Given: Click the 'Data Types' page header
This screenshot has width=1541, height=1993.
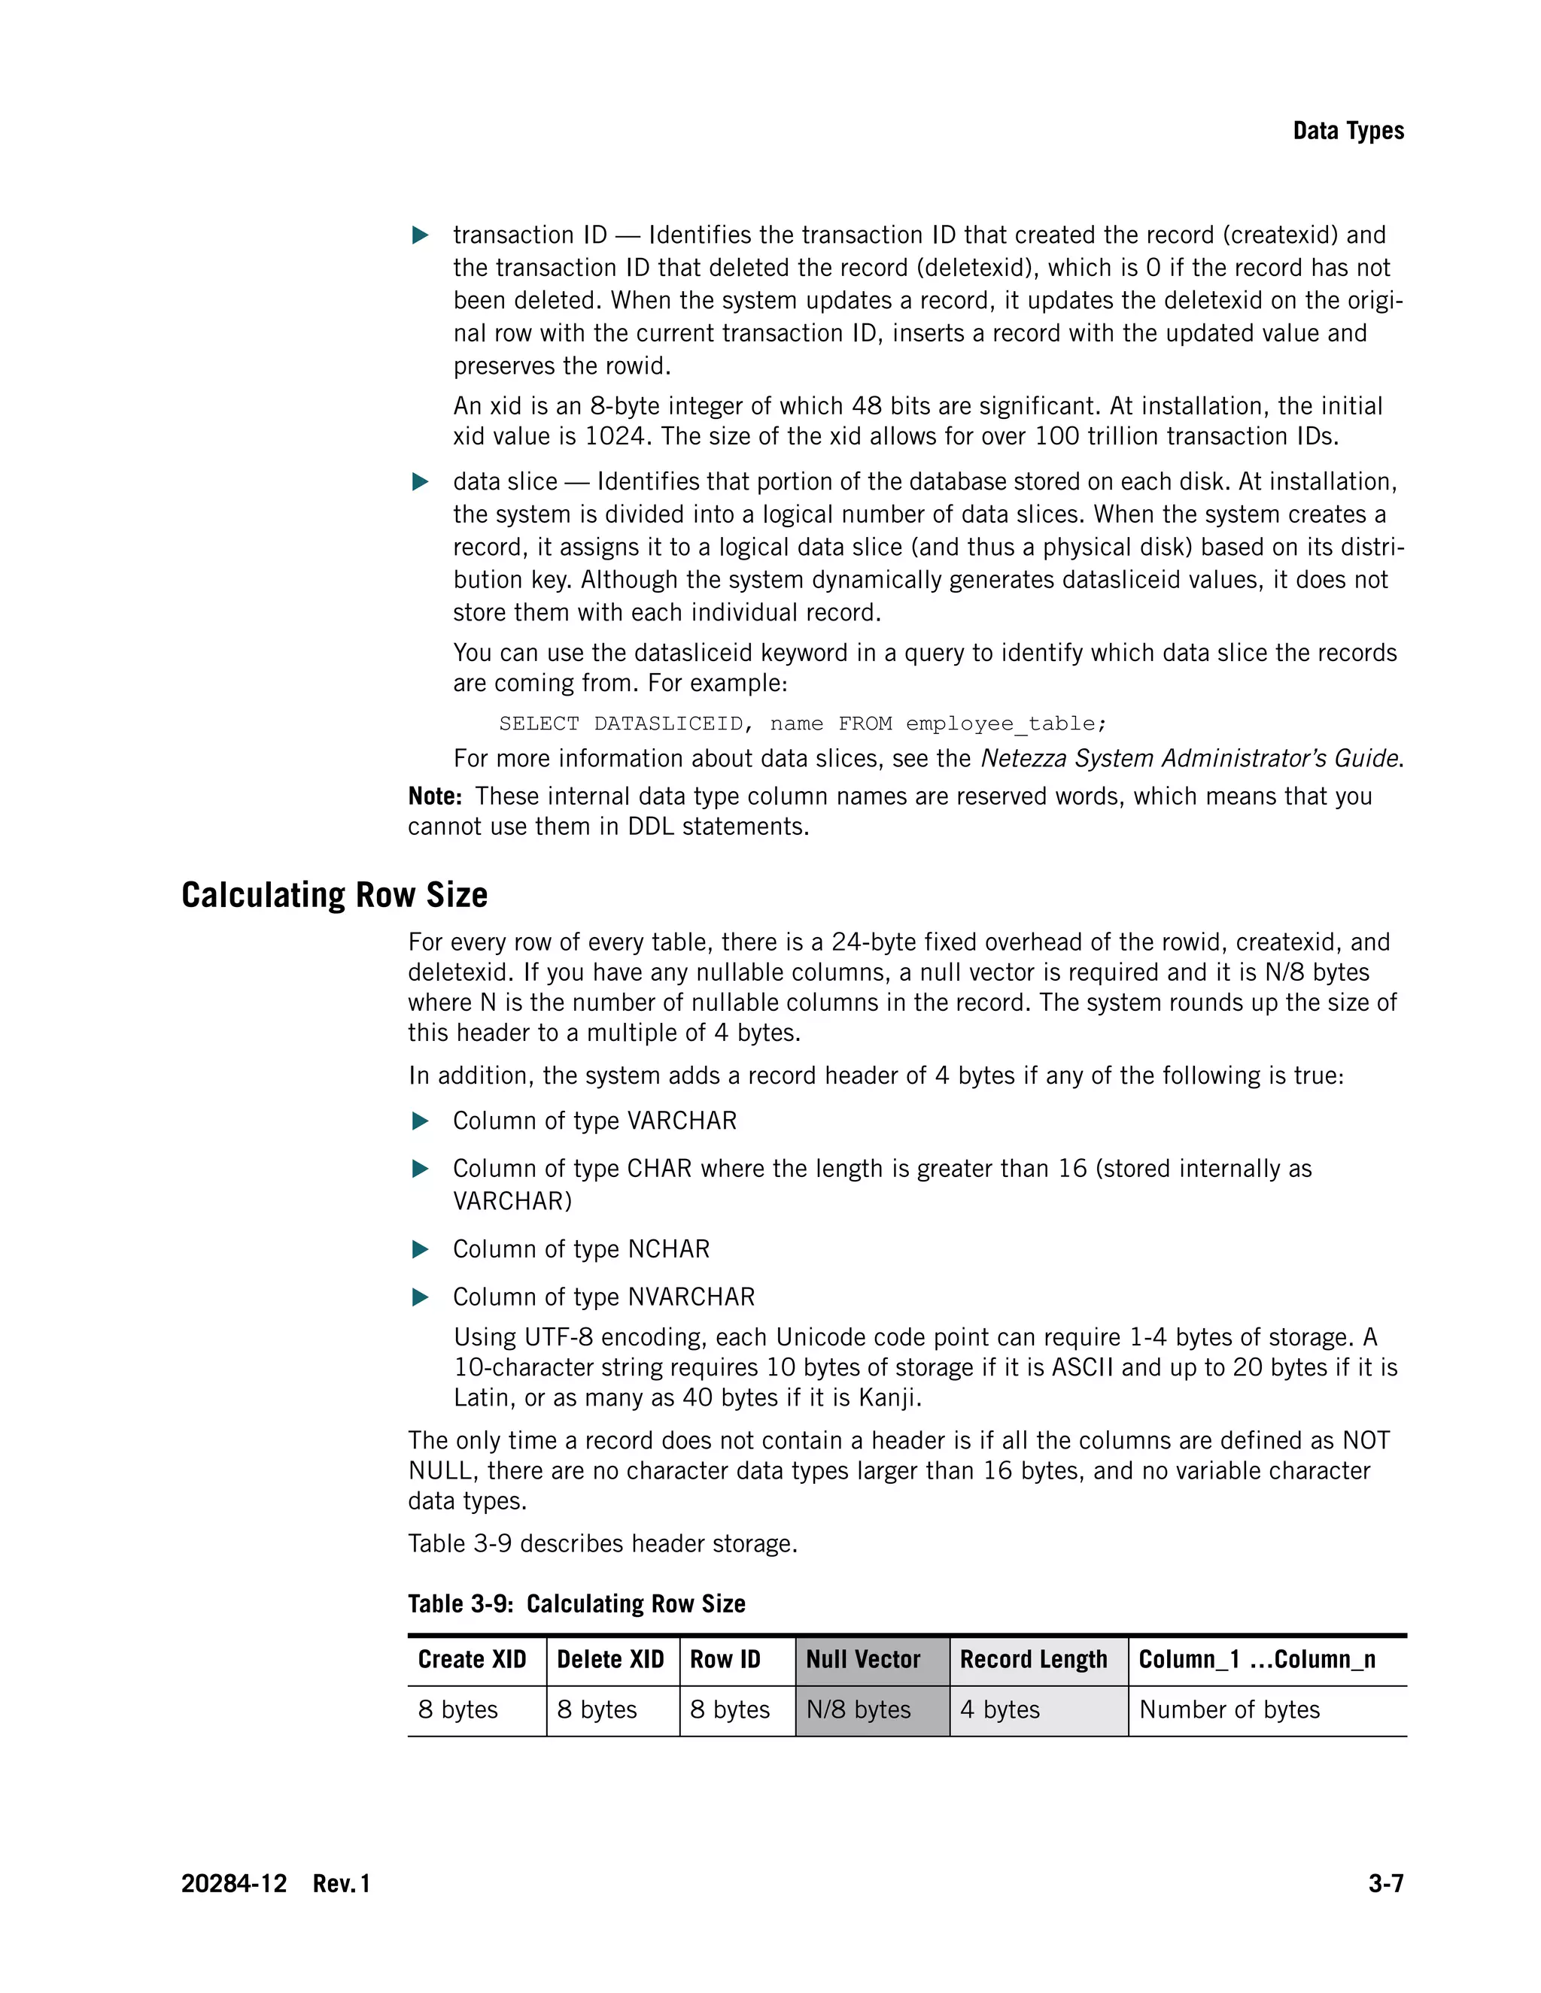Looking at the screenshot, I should click(x=1348, y=132).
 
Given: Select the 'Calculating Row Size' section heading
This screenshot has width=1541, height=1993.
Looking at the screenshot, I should click(x=334, y=895).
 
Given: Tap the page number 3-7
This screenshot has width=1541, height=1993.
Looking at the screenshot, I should click(x=1385, y=1883).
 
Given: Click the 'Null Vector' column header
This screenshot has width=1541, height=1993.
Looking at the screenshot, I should click(x=863, y=1659).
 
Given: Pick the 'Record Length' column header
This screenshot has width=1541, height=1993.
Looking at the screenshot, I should click(x=1032, y=1659).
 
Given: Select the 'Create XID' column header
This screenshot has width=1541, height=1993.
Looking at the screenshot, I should click(x=472, y=1659).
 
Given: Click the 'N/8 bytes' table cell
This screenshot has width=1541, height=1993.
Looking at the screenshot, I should click(x=858, y=1709).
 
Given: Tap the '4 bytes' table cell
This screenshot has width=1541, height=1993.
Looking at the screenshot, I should click(x=1000, y=1709).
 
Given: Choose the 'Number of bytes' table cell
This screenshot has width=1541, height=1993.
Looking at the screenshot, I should click(x=1229, y=1709).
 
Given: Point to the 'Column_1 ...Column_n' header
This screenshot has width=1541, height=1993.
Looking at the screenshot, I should click(x=1256, y=1659).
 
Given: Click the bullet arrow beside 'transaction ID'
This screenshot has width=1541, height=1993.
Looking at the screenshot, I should click(x=420, y=235).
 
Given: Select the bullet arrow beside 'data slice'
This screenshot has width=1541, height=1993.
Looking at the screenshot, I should click(x=420, y=482).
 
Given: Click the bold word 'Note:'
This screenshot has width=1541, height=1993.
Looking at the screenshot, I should click(x=435, y=796).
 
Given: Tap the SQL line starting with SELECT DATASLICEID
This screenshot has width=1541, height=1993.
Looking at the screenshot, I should click(x=802, y=723).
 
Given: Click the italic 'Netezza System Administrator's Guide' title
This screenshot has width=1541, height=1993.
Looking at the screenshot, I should click(x=1190, y=758).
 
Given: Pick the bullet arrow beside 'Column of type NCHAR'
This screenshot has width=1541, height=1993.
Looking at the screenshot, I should click(x=420, y=1249).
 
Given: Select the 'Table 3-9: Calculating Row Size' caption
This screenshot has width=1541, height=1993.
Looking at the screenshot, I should click(x=576, y=1603).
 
